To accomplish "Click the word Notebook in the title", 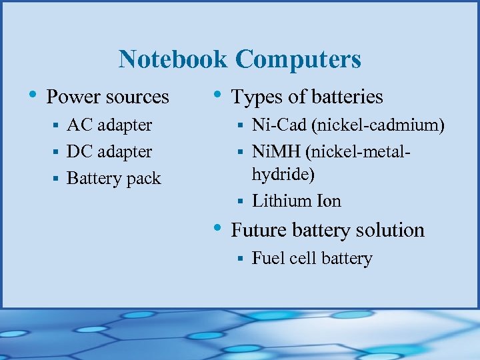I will coord(173,59).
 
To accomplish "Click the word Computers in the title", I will coord(298,59).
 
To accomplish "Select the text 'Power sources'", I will coord(107,97).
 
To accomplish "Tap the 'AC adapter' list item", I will coord(109,125).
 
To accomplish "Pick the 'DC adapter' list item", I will coord(109,152).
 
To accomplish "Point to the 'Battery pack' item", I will coord(114,179).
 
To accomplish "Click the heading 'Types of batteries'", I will coord(307,97).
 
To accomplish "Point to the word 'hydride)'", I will coord(283,174).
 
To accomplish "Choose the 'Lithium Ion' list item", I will coord(296,201).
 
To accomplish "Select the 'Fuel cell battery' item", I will coord(311,259).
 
